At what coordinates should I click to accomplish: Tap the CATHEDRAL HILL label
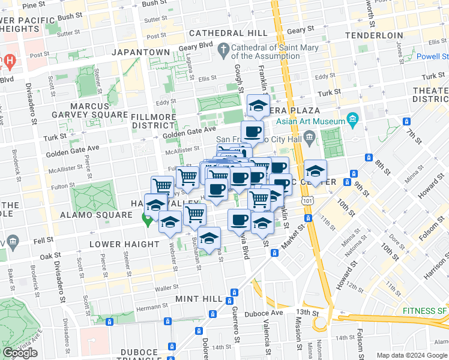[227, 34]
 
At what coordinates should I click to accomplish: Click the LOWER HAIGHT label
[124, 244]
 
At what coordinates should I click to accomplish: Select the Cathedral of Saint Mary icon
[224, 48]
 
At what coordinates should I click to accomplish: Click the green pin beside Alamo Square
[146, 220]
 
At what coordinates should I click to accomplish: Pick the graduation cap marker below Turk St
[258, 107]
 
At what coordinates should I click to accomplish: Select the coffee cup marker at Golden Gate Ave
[252, 131]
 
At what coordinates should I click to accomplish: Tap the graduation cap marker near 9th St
[315, 171]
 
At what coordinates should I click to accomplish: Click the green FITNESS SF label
[424, 311]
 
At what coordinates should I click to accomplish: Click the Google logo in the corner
[20, 353]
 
